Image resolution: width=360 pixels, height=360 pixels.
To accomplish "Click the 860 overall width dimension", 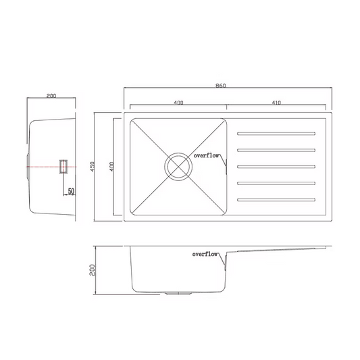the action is click(x=221, y=86).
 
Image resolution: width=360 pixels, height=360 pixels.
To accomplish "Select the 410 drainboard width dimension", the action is click(x=276, y=103).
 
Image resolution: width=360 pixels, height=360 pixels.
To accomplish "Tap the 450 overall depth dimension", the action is click(x=92, y=166).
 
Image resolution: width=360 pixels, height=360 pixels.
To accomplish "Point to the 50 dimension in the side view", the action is click(x=71, y=191).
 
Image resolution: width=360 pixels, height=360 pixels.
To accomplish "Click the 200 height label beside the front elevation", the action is click(x=92, y=269).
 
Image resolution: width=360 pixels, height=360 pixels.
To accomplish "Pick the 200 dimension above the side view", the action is click(x=51, y=96).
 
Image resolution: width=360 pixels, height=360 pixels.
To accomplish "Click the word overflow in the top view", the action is click(x=206, y=155).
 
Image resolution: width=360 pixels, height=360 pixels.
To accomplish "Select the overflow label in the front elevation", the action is click(x=205, y=254).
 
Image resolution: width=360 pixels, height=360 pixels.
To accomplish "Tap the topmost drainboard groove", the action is click(x=276, y=134).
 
